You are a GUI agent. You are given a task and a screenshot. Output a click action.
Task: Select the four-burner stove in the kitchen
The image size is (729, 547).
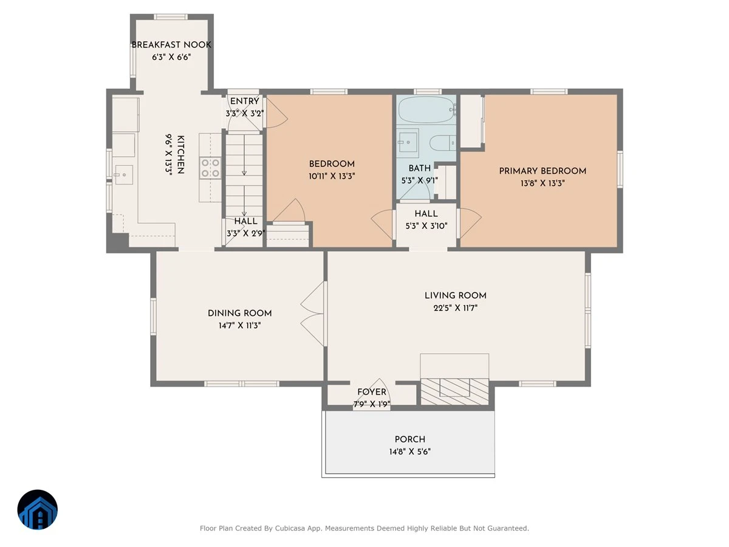click(210, 168)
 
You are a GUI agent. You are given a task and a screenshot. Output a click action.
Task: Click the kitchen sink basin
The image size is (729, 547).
click(123, 174)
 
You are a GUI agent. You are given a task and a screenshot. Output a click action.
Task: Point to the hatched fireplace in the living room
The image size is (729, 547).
click(454, 391)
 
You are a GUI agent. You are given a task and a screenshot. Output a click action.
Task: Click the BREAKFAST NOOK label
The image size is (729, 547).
click(171, 44)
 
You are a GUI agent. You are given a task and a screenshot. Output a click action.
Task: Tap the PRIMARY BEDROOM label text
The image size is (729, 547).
click(542, 171)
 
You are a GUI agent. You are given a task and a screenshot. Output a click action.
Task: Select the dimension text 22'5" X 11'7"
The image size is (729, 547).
click(456, 308)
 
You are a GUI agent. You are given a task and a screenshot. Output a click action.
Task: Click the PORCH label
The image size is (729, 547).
click(410, 439)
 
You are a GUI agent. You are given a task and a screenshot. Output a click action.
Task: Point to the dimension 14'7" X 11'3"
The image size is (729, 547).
click(239, 325)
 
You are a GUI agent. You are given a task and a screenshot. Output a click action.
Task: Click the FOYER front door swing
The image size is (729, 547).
click(372, 394)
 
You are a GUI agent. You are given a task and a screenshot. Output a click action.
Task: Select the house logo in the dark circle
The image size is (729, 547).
click(38, 509)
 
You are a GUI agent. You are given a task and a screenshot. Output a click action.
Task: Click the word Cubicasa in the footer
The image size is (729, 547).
click(290, 528)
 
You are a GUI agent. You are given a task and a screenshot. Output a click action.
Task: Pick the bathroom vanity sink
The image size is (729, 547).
click(408, 143)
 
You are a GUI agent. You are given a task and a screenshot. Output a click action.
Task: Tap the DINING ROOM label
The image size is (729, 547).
click(239, 313)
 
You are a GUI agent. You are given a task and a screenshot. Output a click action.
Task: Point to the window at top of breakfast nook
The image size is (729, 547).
click(170, 16)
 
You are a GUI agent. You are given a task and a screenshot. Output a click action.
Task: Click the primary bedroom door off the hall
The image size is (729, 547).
click(470, 223)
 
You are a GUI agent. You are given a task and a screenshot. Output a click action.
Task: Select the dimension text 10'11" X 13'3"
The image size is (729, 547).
click(332, 176)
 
